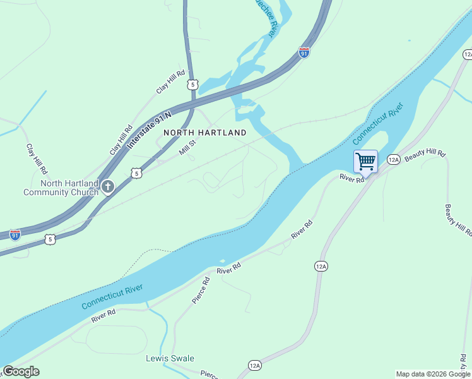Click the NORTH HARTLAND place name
205,133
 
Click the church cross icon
108,187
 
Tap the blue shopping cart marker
365,161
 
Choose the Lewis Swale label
170,358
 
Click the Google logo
21,371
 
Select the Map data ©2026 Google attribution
433,374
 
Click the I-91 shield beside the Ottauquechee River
304,53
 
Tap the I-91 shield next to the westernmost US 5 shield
15,235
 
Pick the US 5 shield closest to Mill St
136,172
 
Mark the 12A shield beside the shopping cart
394,160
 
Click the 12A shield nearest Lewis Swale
254,365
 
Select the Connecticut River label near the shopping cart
377,125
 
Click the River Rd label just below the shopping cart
352,179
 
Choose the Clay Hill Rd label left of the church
37,159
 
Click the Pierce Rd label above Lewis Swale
201,289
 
